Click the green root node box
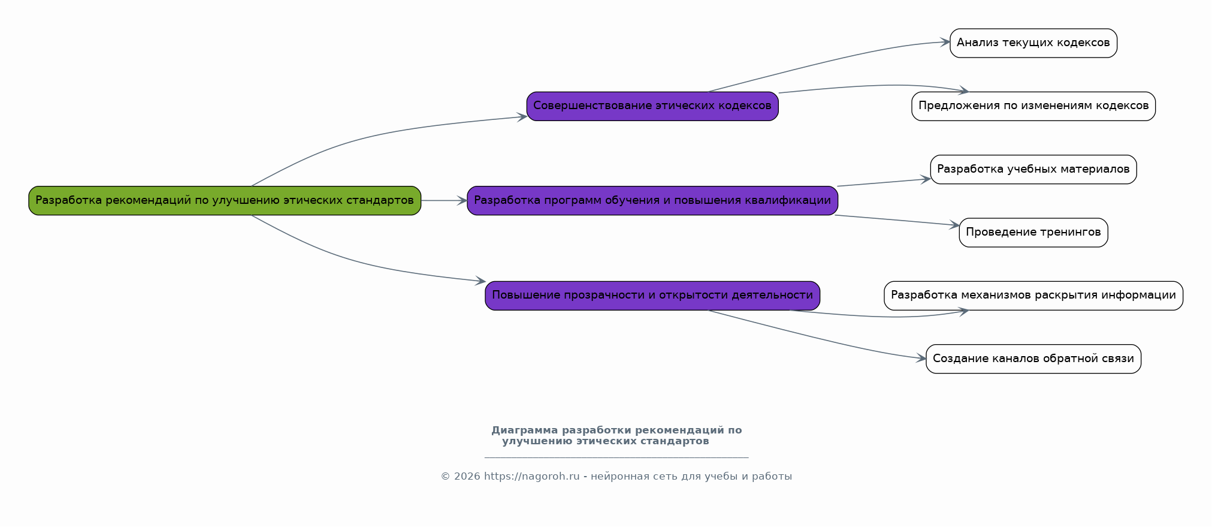click(225, 200)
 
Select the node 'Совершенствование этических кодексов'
click(652, 106)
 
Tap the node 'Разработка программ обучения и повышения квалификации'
click(652, 200)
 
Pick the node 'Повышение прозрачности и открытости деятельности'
click(652, 296)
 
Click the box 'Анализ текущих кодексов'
click(1033, 43)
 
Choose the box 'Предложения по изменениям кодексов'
click(1033, 106)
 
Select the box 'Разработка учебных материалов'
click(1033, 170)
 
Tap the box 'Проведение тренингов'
click(1033, 233)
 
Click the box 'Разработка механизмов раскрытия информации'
click(1033, 296)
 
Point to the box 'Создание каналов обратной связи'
click(1033, 359)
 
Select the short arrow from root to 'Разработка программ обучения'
click(443, 200)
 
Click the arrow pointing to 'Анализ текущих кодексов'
click(827, 62)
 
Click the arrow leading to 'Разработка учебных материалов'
click(884, 182)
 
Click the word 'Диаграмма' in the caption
click(524, 430)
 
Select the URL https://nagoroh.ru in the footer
click(531, 477)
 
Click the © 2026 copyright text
click(460, 477)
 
